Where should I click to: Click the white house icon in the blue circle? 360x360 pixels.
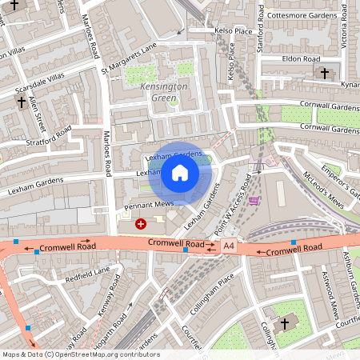pos(180,173)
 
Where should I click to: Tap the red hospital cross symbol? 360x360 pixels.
pos(142,225)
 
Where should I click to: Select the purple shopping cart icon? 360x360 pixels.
pos(254,200)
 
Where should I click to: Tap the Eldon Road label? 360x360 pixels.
pos(300,58)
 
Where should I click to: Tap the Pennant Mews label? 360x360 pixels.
pos(150,206)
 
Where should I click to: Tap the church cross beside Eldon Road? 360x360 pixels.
pos(324,73)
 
